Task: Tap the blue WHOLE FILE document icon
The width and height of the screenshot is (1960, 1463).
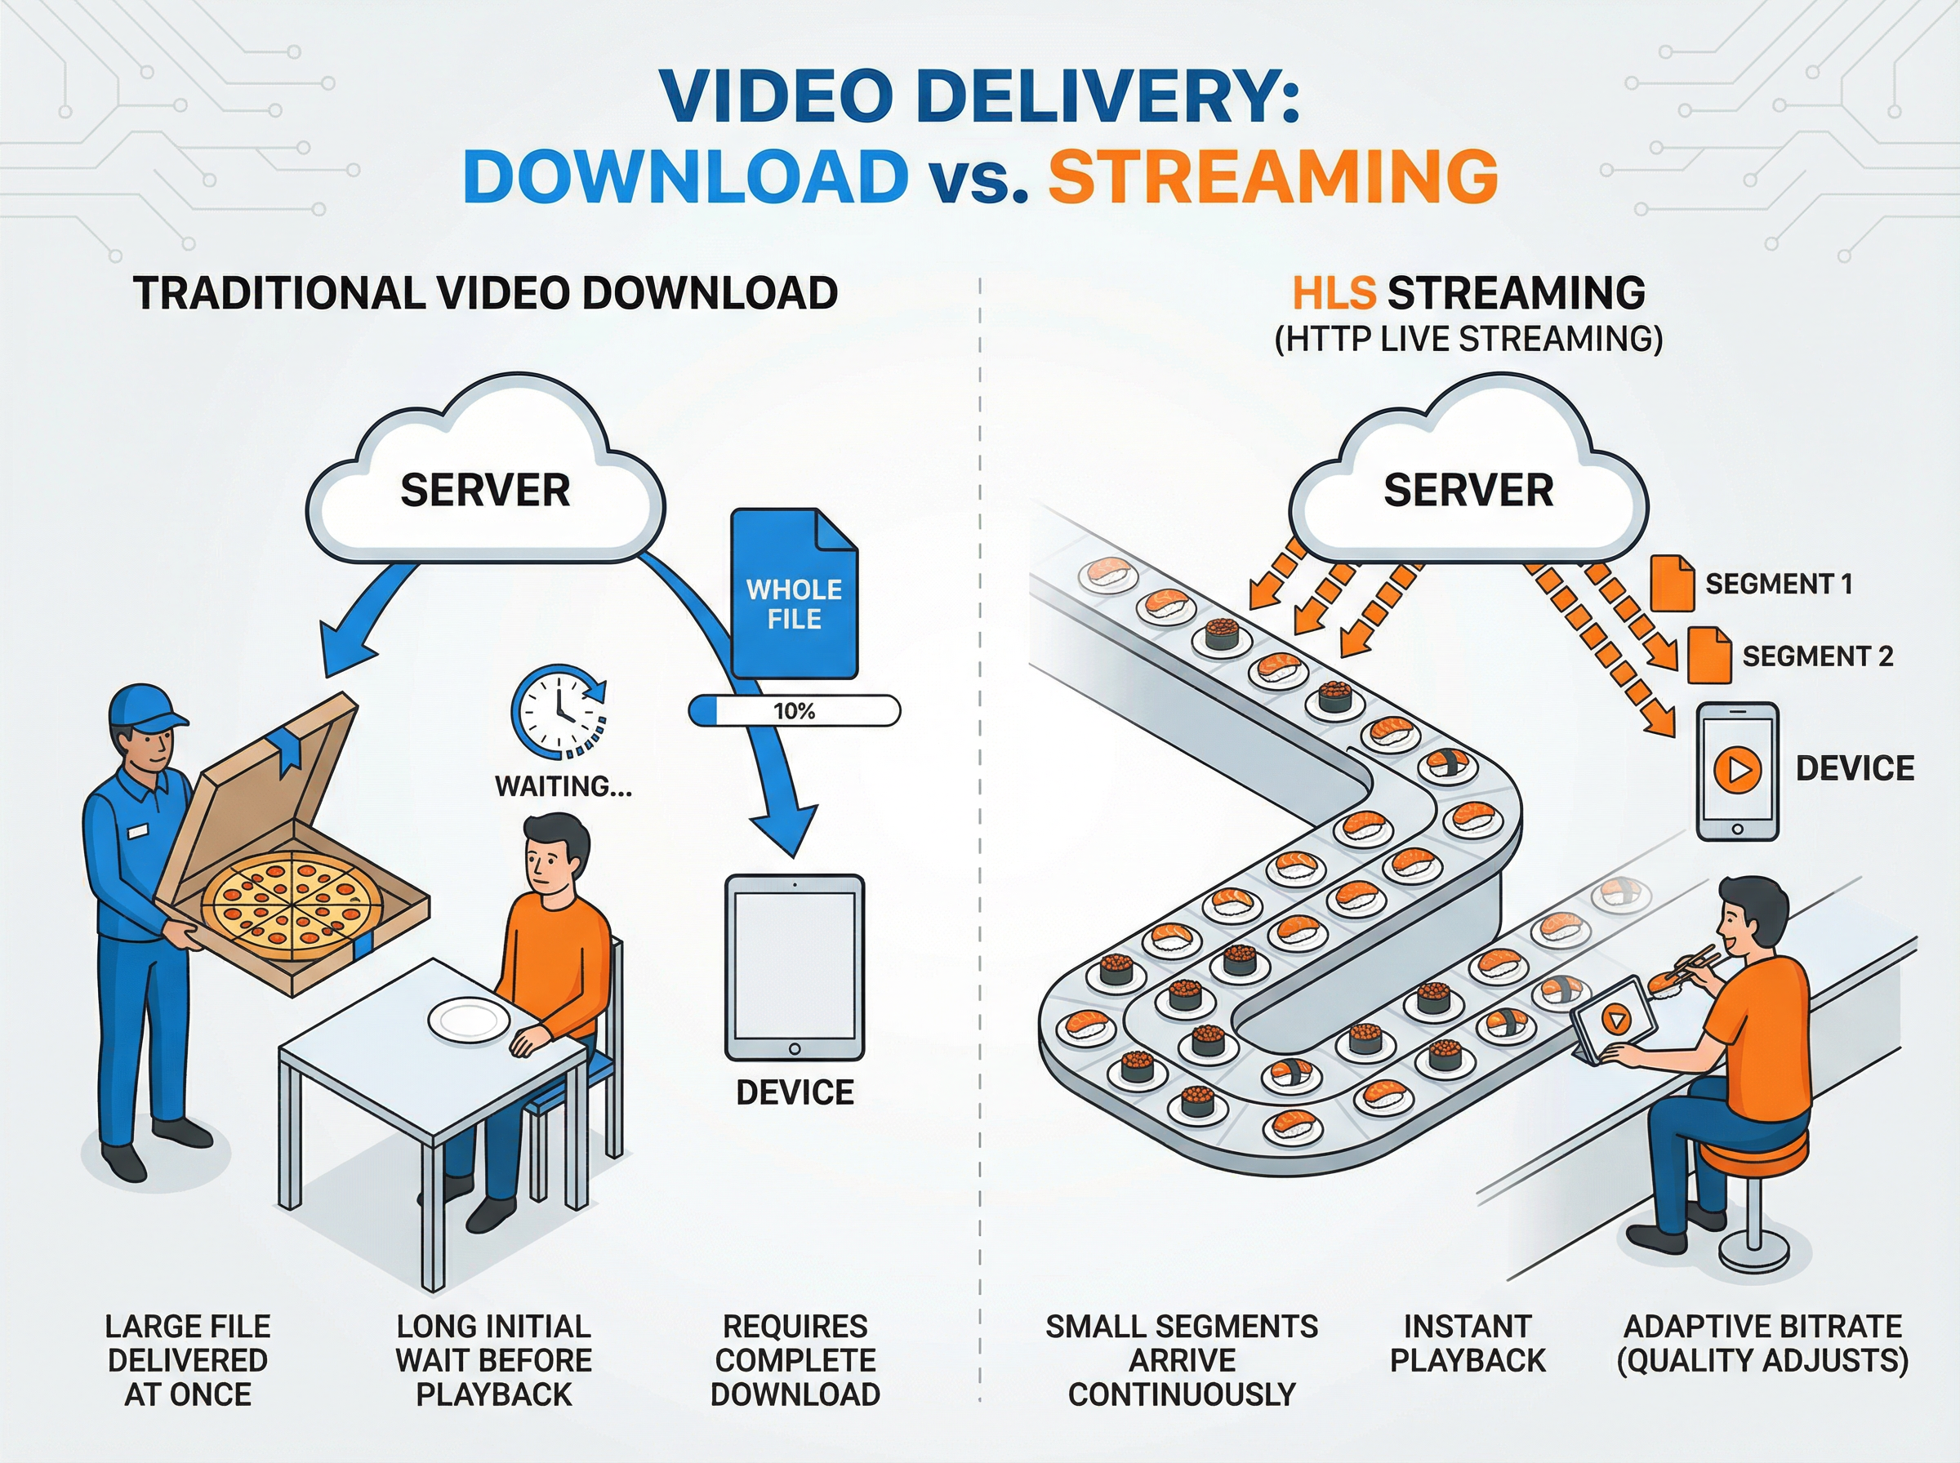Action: pos(794,594)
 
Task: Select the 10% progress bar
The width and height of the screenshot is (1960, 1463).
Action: pos(794,711)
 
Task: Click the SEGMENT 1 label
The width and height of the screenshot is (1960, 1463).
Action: pos(1779,585)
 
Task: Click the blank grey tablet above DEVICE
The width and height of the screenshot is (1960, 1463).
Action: pos(795,967)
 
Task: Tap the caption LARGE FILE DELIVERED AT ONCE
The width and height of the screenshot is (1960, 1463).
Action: pos(188,1360)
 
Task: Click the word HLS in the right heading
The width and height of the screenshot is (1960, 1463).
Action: pos(1334,293)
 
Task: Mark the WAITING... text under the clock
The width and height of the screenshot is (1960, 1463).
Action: pos(563,786)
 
